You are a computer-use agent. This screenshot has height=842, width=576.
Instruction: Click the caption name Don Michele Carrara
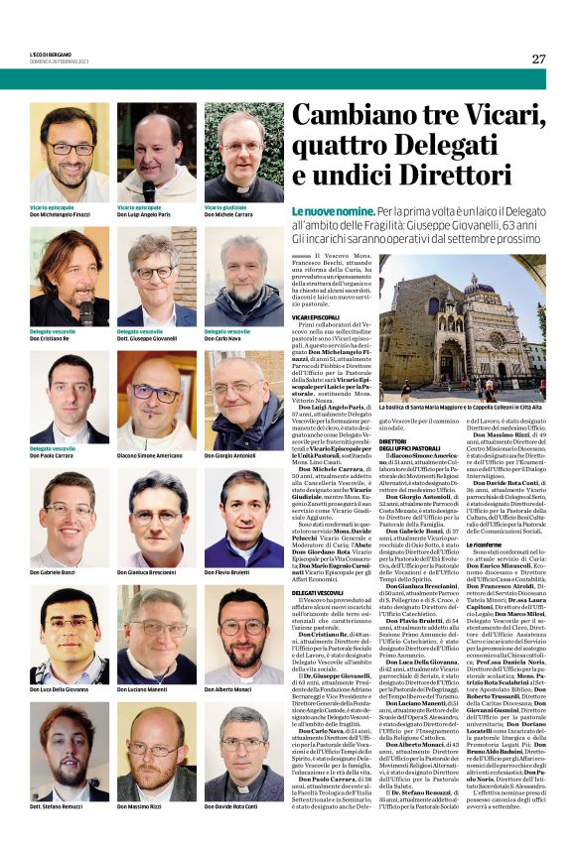point(227,214)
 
